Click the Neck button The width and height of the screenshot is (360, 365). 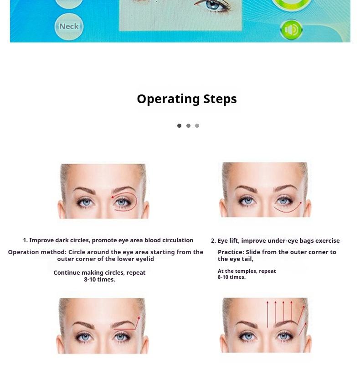pos(69,26)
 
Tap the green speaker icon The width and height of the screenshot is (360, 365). pos(291,30)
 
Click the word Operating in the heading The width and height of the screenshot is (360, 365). pos(168,99)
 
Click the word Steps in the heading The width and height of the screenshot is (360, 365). pos(220,99)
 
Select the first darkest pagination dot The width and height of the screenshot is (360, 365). pos(179,126)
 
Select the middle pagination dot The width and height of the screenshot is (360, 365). pos(188,126)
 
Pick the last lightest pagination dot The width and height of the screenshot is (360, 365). pos(197,126)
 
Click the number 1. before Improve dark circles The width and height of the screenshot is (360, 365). pos(26,240)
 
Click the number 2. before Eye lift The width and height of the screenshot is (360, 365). pos(213,241)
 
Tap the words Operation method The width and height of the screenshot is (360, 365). pos(36,252)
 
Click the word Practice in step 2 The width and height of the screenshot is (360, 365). pos(231,252)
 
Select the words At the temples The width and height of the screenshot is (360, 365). pos(237,271)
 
